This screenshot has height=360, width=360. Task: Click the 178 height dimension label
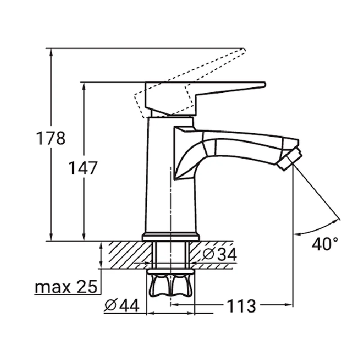pyautogui.click(x=51, y=138)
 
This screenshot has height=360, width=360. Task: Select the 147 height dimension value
pyautogui.click(x=83, y=167)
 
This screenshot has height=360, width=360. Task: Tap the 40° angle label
pyautogui.click(x=325, y=243)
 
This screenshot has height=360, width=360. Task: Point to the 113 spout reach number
pyautogui.click(x=241, y=306)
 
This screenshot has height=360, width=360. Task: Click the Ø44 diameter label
pyautogui.click(x=122, y=306)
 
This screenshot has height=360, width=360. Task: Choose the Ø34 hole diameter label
pyautogui.click(x=220, y=254)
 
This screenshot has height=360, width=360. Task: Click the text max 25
pyautogui.click(x=66, y=287)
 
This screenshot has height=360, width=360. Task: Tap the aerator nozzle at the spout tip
pyautogui.click(x=289, y=159)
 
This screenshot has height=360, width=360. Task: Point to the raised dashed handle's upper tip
pyautogui.click(x=244, y=49)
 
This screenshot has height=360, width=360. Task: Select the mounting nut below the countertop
pyautogui.click(x=171, y=283)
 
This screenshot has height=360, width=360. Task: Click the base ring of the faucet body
pyautogui.click(x=171, y=237)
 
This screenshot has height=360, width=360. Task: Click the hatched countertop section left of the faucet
pyautogui.click(x=129, y=255)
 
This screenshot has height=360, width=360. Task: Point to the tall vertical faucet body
pyautogui.click(x=171, y=175)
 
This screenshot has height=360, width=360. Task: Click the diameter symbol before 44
pyautogui.click(x=111, y=306)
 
